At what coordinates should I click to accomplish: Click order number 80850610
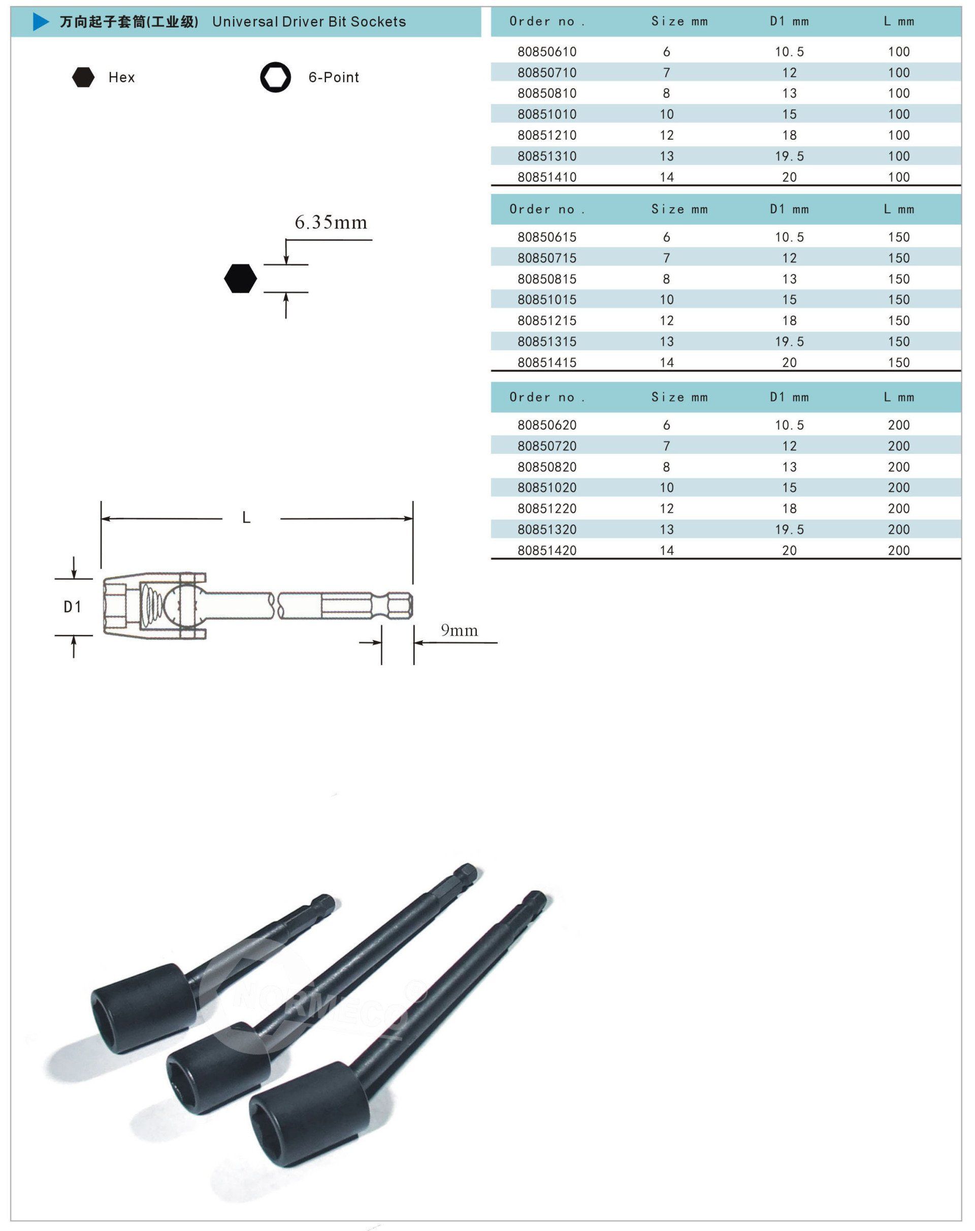click(x=547, y=52)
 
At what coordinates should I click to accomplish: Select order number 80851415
click(x=547, y=362)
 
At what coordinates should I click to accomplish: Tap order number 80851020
click(x=547, y=487)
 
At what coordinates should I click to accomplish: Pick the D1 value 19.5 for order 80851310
click(x=789, y=156)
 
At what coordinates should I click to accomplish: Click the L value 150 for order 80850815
click(x=898, y=279)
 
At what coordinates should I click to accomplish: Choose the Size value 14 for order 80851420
click(x=667, y=551)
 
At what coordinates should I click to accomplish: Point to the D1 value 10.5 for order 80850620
click(x=789, y=425)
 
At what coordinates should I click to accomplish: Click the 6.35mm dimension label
click(x=331, y=222)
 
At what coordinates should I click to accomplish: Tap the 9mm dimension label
click(x=459, y=630)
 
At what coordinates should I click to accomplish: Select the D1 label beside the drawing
click(x=73, y=607)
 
